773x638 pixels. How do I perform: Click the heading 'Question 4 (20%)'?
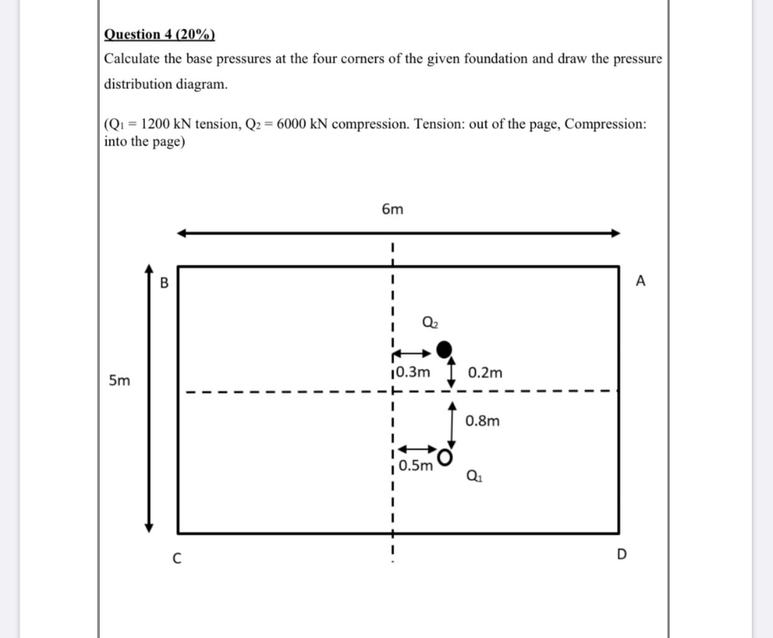tap(159, 34)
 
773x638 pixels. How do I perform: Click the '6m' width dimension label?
tap(393, 210)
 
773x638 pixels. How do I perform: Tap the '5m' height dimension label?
tap(119, 381)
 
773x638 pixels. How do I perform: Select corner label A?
tap(641, 281)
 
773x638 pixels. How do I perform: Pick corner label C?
tap(176, 559)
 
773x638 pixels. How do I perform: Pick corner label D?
tap(621, 556)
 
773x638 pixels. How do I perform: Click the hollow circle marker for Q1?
tap(446, 458)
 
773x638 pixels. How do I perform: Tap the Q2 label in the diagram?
tap(430, 322)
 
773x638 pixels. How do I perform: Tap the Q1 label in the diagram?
tap(474, 476)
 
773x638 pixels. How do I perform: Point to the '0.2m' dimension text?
tap(485, 373)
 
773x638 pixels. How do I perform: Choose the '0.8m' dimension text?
tap(482, 421)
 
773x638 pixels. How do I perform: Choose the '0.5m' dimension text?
tap(416, 466)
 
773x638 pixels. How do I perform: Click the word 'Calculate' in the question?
tap(133, 59)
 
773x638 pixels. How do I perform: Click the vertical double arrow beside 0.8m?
tap(451, 424)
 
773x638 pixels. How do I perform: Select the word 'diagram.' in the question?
tap(202, 84)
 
